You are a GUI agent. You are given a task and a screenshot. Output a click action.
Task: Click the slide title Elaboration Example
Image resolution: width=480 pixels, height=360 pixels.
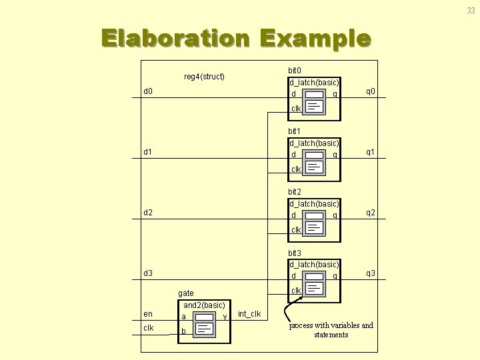(235, 38)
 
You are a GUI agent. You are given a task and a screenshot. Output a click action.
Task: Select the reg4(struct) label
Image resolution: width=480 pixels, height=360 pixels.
(204, 77)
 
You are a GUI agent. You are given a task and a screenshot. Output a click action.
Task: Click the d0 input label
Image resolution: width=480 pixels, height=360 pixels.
(148, 91)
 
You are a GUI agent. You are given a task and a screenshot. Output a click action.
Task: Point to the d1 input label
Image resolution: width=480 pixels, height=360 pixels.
(148, 152)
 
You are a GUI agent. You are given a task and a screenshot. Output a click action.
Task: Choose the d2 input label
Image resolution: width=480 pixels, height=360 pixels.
(148, 213)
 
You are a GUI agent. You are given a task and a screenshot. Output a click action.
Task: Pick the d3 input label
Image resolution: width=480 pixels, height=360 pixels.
(148, 273)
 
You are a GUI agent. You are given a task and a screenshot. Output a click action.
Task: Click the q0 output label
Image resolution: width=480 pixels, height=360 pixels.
(370, 91)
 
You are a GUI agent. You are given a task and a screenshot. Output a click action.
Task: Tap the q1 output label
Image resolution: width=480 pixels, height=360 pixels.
(370, 152)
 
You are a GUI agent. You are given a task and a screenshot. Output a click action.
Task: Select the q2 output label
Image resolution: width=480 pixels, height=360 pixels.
(370, 213)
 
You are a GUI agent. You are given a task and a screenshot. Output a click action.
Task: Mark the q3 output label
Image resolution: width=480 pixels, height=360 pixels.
(370, 273)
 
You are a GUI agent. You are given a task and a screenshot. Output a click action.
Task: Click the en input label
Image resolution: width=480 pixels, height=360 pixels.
(148, 314)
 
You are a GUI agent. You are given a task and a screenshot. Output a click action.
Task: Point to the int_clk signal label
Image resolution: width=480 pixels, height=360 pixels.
(249, 314)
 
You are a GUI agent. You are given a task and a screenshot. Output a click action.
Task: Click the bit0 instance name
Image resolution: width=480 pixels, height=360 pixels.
(295, 70)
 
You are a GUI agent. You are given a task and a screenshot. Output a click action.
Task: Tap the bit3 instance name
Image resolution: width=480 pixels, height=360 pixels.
(295, 253)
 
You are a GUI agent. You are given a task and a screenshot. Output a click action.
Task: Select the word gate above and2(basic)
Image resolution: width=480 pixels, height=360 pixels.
(186, 293)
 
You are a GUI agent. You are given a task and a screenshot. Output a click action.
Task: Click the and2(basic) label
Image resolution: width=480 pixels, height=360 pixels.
(204, 305)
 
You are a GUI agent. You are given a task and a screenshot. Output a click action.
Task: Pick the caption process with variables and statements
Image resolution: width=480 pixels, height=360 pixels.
(331, 330)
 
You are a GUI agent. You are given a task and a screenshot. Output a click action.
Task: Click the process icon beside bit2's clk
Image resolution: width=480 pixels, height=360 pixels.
(316, 229)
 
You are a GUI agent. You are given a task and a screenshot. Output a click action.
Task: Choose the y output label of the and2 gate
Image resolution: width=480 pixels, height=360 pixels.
(225, 316)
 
